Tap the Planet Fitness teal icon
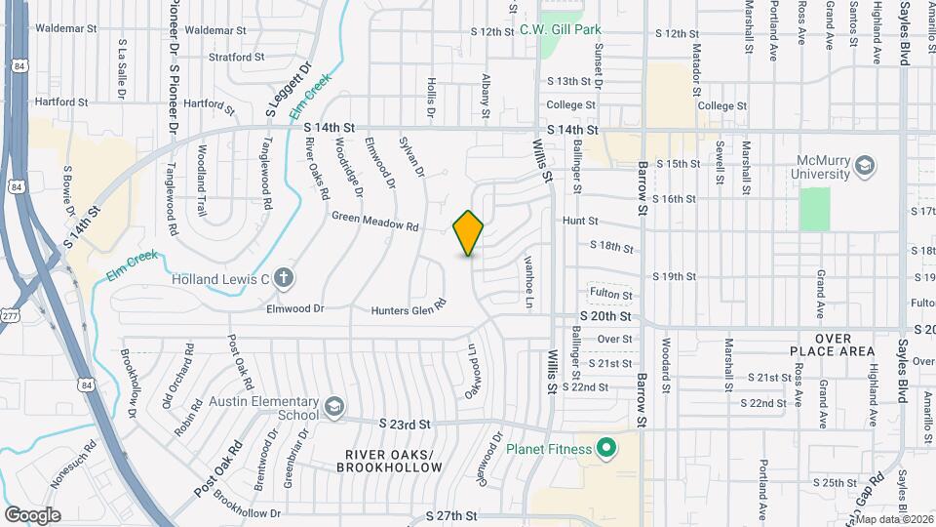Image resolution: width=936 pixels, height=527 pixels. (605, 449)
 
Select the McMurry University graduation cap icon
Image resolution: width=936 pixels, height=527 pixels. (864, 167)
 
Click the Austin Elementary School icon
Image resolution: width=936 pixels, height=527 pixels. (334, 405)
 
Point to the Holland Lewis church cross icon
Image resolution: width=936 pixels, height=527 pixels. (284, 279)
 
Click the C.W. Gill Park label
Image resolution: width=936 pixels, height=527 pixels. (573, 30)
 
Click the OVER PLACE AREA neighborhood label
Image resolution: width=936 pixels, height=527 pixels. (845, 344)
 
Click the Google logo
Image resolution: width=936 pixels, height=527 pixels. (32, 514)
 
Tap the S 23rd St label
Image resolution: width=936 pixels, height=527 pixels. (405, 424)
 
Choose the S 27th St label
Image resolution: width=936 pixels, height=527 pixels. (451, 514)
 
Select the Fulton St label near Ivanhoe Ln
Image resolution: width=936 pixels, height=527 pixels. (610, 294)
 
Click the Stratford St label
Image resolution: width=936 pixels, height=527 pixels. (237, 58)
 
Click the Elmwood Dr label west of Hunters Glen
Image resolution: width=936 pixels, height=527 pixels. (295, 308)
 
